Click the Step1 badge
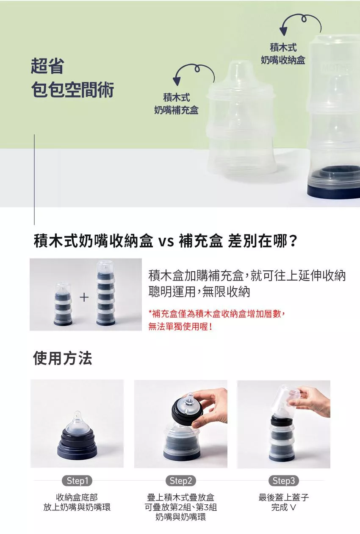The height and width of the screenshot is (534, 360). [78, 481]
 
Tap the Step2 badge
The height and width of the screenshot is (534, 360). [181, 481]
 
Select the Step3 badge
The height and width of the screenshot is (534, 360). [283, 481]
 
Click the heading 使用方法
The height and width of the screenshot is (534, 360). [63, 358]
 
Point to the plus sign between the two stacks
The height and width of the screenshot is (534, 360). [84, 297]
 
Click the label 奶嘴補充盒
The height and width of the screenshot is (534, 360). [176, 110]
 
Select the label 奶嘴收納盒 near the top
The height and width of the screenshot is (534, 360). [283, 60]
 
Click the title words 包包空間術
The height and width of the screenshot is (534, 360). [73, 90]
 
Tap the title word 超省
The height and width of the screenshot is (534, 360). [48, 66]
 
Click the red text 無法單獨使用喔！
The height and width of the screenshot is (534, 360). [180, 326]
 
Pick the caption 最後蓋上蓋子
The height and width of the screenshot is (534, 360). [283, 498]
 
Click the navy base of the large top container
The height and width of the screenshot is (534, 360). [334, 191]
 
